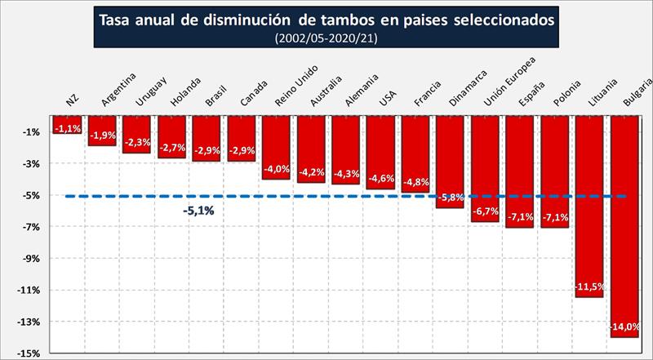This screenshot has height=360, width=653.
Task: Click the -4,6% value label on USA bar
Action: click(x=380, y=178)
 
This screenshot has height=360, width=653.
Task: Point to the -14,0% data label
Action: click(x=625, y=328)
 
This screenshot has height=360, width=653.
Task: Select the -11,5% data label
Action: click(x=589, y=287)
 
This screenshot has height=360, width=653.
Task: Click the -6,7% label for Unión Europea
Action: click(x=485, y=211)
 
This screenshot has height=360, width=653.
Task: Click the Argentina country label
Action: click(x=116, y=90)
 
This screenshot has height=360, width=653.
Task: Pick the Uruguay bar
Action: click(x=136, y=135)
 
